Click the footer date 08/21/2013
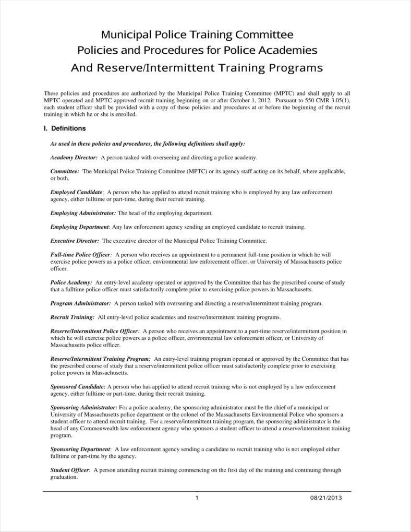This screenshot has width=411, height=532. coord(325,498)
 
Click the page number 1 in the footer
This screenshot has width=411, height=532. coord(197,498)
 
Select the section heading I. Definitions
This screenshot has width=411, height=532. coord(65,128)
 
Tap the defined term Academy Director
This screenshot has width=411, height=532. coord(74,157)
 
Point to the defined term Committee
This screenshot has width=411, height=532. coord(65,171)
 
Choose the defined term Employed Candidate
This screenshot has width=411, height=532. coord(77,192)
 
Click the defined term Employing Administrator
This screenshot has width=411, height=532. coord(83,213)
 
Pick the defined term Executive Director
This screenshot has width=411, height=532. coord(75,241)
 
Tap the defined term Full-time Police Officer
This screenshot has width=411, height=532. coord(80,254)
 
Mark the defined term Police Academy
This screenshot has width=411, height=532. coord(71,282)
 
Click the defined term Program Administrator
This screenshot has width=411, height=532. coord(80,303)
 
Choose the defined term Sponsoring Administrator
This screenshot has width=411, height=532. coord(83,407)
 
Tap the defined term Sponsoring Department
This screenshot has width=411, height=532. coord(80,449)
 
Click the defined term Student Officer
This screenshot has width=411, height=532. coord(70,470)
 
